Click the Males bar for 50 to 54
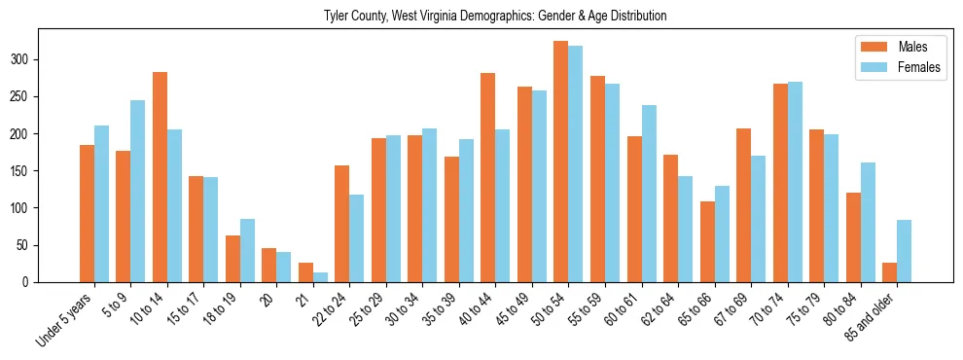(560, 162)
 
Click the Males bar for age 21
(305, 272)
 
